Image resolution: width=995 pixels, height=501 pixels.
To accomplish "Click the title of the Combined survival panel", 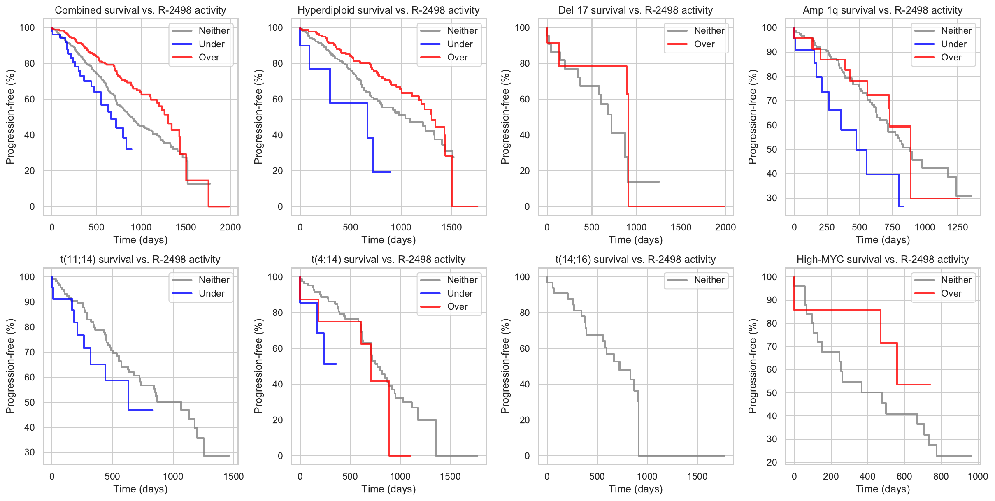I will [140, 10].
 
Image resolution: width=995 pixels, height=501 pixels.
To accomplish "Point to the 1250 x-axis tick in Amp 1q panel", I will [957, 227].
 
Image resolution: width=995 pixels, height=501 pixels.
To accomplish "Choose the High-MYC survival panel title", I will [882, 260].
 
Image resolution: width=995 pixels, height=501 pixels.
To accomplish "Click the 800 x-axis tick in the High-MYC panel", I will [941, 476].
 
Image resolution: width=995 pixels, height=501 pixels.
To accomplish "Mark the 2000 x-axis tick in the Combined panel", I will [230, 227].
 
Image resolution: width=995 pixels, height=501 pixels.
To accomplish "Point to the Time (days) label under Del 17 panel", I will [635, 240].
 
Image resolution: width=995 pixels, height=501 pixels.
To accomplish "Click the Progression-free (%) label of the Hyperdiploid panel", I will [258, 117].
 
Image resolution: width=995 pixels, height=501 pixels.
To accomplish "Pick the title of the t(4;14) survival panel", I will [388, 260].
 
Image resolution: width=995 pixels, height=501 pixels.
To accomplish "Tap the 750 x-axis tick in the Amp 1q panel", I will [892, 227].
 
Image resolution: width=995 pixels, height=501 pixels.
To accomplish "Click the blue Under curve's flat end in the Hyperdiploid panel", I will [382, 172].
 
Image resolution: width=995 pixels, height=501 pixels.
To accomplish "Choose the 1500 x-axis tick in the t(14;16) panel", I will [697, 476].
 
